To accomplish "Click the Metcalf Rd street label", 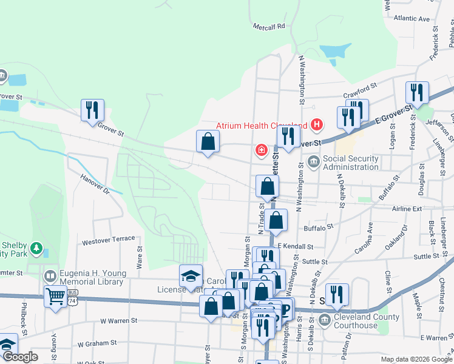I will (269, 26).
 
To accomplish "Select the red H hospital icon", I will (316, 125).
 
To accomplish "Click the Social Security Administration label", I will (351, 163).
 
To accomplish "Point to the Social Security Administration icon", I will (314, 161).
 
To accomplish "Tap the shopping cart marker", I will (55, 297).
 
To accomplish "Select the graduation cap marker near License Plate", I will (191, 276).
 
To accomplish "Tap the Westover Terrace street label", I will (109, 240).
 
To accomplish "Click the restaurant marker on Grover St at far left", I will (92, 110).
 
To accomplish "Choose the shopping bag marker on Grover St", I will (208, 141).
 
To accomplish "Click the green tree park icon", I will (37, 248).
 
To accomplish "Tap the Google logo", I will (20, 357).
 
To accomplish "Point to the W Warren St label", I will (119, 320).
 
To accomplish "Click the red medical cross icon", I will (262, 149).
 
